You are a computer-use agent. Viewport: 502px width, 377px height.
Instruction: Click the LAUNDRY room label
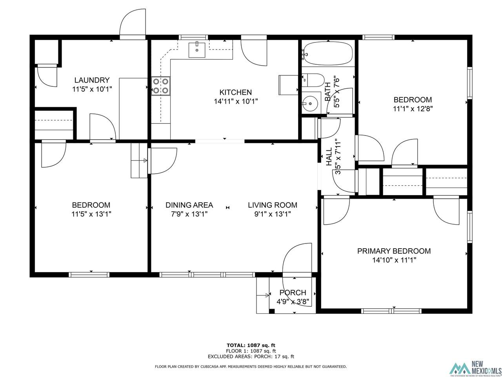[92, 80]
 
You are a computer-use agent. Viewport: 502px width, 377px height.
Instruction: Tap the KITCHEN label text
[236, 92]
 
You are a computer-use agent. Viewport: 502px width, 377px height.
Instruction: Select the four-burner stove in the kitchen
[160, 86]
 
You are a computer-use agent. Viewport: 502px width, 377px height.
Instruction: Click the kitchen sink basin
[197, 50]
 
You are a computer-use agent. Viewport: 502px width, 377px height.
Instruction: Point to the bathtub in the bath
[328, 53]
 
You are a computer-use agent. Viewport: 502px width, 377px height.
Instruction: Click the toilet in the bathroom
[313, 80]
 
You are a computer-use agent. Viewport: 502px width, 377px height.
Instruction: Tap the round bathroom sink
[310, 104]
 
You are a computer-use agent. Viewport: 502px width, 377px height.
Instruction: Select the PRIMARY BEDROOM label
[394, 251]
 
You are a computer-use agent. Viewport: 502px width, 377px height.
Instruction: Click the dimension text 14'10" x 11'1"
[394, 260]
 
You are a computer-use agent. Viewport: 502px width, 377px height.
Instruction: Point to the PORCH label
[293, 293]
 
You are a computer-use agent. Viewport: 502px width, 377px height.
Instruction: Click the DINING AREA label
[189, 205]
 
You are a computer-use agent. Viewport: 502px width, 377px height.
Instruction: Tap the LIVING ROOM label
[273, 205]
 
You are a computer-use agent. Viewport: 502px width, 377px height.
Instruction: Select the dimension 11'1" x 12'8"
[413, 109]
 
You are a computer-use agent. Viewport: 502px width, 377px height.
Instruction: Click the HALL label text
[329, 157]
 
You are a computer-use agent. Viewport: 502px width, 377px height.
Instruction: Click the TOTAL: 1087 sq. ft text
[251, 345]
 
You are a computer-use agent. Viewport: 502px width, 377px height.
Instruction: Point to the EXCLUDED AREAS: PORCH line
[251, 357]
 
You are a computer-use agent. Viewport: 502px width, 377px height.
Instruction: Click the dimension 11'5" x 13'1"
[91, 214]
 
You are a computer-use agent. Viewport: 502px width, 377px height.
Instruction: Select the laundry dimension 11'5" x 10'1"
[92, 89]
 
